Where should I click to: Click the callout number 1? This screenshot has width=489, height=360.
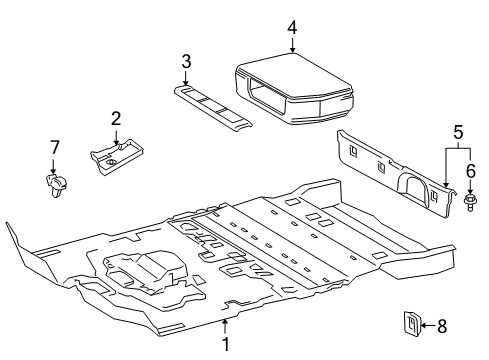pos(226,344)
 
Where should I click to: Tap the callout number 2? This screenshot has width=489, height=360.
pos(116,119)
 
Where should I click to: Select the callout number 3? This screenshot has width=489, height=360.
pos(186,61)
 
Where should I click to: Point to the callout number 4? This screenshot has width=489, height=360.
pos(292,27)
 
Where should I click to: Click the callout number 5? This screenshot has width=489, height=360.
pos(459,132)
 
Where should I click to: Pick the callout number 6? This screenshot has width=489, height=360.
pos(470,171)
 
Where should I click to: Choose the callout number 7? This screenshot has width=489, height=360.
pos(54,147)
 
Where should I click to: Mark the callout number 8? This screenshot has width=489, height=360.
pos(442,326)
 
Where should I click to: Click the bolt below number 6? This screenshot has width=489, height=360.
pos(470,202)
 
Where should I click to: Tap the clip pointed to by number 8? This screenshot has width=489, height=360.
pos(412,323)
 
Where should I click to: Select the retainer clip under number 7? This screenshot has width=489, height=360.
pos(56,184)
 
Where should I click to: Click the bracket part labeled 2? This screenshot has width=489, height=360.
pos(116,157)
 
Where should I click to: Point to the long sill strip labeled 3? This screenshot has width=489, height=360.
pos(213,106)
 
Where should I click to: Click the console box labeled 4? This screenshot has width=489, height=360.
pos(294,89)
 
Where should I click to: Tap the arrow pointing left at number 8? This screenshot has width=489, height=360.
pos(428,325)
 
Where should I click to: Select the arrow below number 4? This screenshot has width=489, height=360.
pos(292,45)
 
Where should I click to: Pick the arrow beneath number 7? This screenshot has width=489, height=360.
pos(53,166)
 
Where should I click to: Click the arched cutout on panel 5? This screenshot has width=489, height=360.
pos(412,187)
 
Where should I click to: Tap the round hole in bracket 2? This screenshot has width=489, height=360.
pos(111,162)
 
